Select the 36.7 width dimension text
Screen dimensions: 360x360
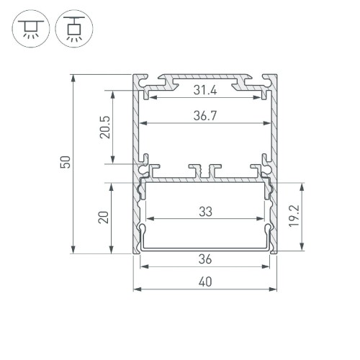point(206,114)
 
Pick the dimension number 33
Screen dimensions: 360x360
point(206,212)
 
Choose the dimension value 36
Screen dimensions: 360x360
point(206,259)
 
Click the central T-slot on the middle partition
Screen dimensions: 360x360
point(206,171)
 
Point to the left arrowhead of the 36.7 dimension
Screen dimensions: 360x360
point(142,122)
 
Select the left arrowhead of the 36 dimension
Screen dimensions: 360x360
point(142,266)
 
